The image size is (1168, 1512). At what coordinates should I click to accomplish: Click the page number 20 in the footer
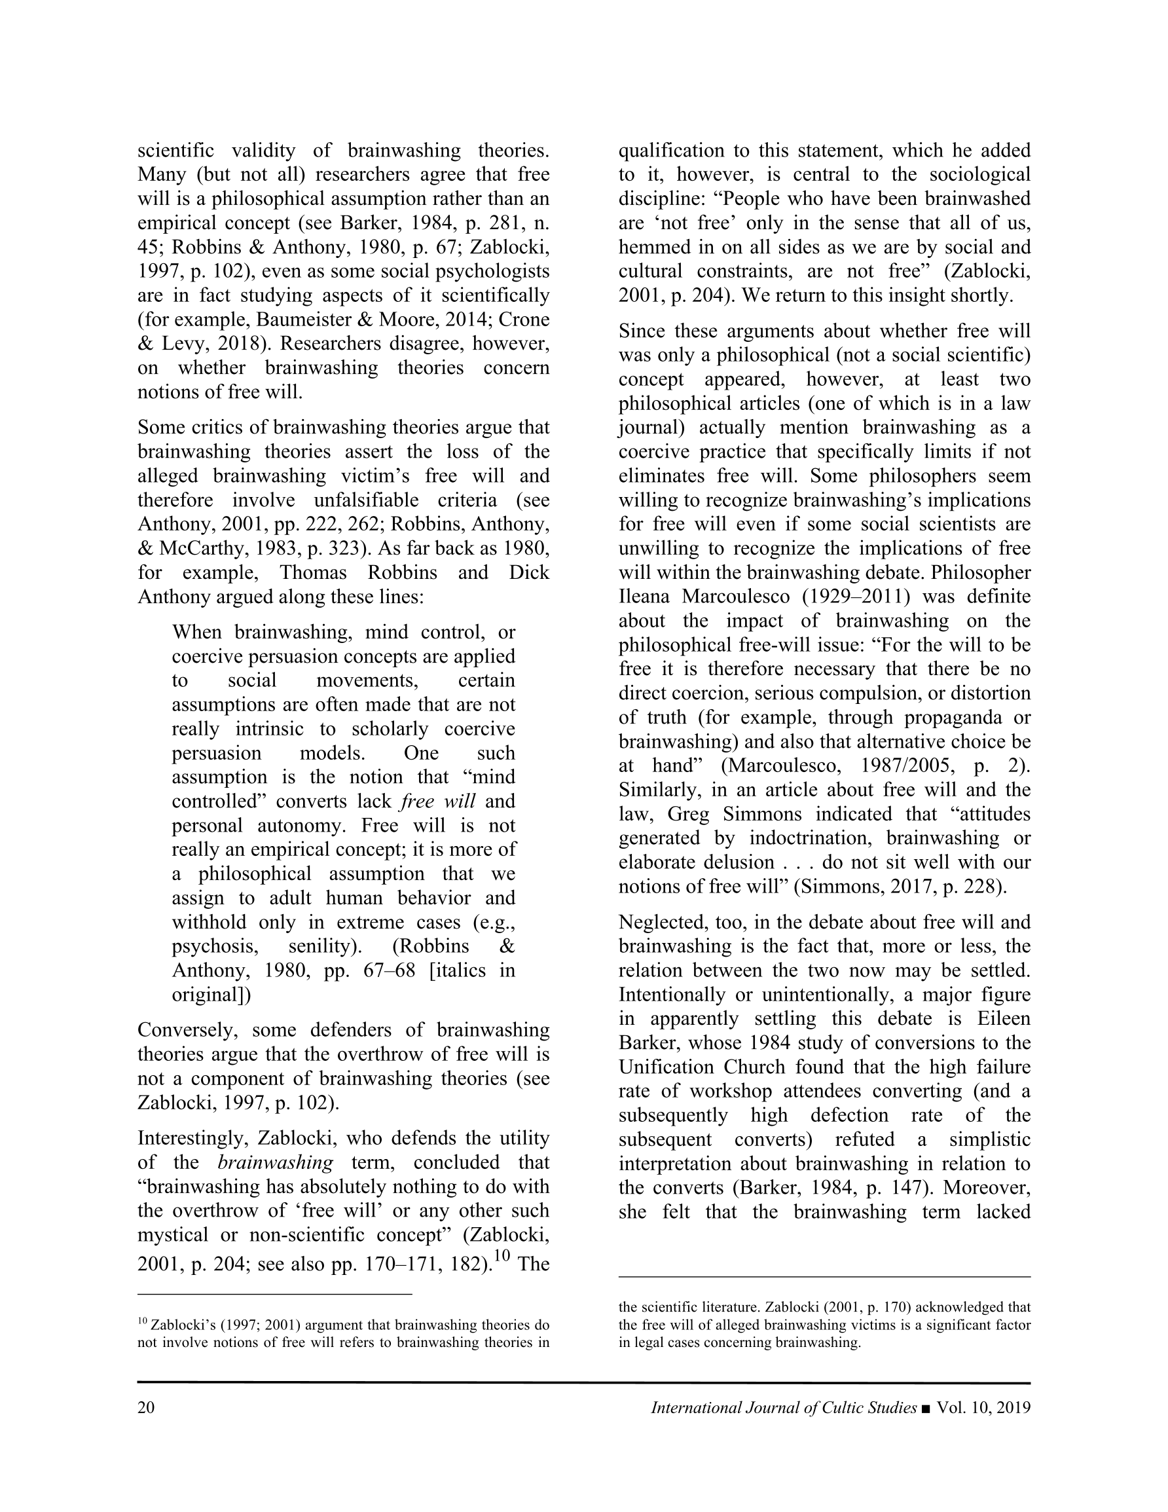(x=146, y=1407)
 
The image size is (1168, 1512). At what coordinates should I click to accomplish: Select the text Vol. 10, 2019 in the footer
(x=983, y=1407)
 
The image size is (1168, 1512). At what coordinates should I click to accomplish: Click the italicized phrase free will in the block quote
(x=437, y=802)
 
